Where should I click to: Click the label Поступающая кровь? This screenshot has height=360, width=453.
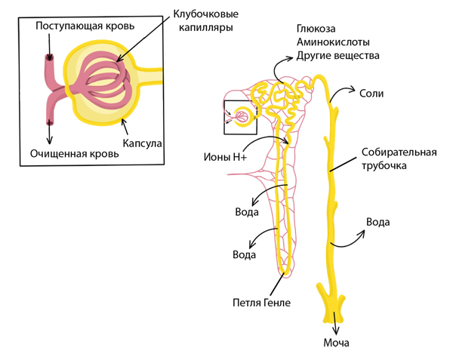(x=85, y=26)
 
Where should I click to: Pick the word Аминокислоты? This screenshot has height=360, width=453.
(x=331, y=42)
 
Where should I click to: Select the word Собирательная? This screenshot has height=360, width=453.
(x=399, y=151)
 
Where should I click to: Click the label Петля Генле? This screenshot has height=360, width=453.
(x=261, y=303)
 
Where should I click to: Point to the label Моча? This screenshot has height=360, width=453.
(x=336, y=344)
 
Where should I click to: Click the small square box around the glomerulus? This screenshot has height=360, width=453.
(x=241, y=117)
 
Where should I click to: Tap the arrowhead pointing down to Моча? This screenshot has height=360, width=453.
(x=335, y=331)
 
